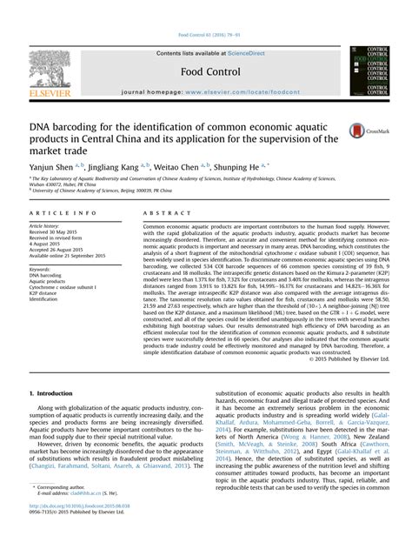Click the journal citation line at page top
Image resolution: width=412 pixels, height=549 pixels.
(x=206, y=36)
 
